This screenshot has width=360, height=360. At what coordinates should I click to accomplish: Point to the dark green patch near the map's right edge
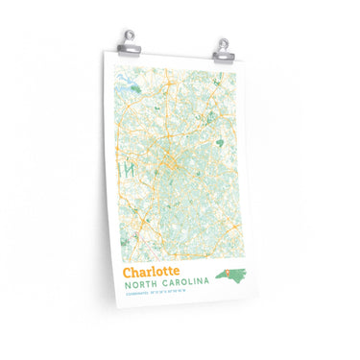tap(220, 143)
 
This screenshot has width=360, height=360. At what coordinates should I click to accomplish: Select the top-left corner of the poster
tap(103, 51)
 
